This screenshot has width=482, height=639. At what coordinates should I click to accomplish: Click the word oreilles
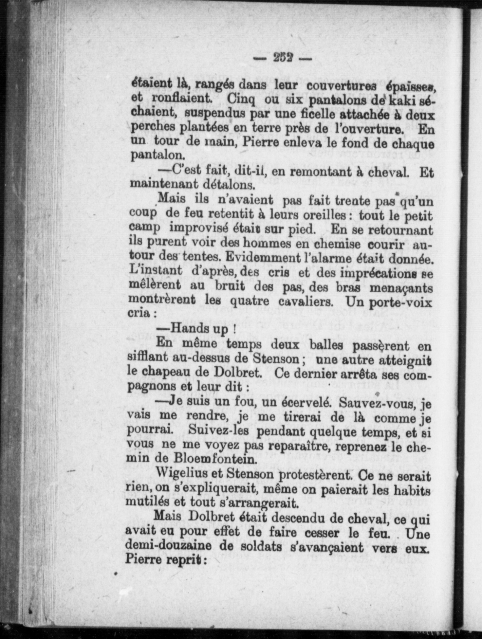[x=319, y=216]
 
